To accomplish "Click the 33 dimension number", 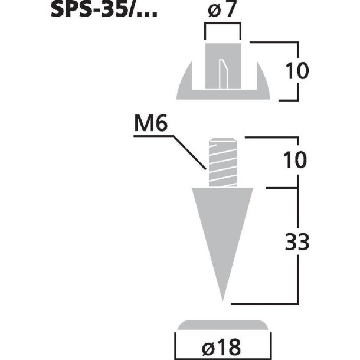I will click(297, 244).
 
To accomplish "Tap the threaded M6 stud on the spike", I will click(223, 162).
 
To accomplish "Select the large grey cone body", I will click(223, 224).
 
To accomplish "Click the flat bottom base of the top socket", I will click(223, 94).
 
